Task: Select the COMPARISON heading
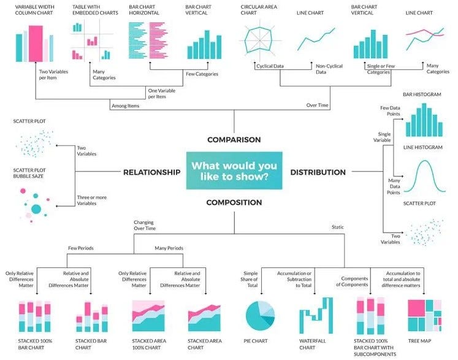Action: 234,139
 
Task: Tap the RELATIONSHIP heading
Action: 151,172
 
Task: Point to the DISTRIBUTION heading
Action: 318,172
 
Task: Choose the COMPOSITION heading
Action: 234,202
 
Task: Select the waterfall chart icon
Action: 316,315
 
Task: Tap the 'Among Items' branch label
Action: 126,105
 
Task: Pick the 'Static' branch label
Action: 337,227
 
